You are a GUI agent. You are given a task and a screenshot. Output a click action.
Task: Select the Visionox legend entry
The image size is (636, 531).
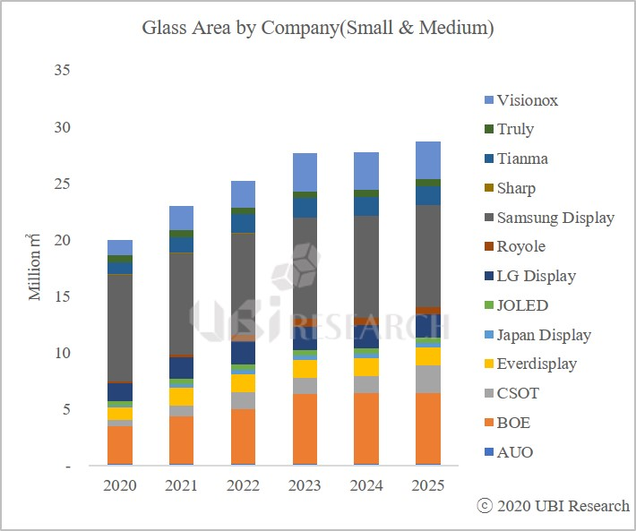(x=528, y=100)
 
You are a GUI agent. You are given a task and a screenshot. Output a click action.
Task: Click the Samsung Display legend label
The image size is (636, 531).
(x=555, y=218)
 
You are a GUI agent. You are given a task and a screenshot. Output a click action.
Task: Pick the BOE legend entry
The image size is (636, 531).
(x=514, y=423)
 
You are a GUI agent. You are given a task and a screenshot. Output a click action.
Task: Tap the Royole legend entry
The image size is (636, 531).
(x=520, y=247)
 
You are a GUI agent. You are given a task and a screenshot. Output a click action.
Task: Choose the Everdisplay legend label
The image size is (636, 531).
(x=537, y=364)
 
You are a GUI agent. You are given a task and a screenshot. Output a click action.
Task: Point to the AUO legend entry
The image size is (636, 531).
(x=515, y=452)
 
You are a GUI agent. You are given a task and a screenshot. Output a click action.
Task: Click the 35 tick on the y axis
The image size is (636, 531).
(x=63, y=70)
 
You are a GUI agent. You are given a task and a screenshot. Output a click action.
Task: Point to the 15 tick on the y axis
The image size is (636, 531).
(x=63, y=296)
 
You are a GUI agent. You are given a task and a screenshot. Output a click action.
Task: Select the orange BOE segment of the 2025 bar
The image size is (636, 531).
(x=427, y=428)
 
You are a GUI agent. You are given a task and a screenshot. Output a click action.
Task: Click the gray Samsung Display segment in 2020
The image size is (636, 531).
(x=120, y=327)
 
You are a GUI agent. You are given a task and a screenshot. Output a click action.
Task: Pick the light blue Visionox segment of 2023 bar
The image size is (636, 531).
(x=305, y=172)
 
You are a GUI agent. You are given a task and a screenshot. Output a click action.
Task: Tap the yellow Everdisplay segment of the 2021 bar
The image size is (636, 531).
(x=182, y=397)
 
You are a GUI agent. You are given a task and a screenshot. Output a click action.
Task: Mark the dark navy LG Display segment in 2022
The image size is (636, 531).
(x=243, y=353)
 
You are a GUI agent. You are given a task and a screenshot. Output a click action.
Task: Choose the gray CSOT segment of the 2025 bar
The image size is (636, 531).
(x=427, y=379)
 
